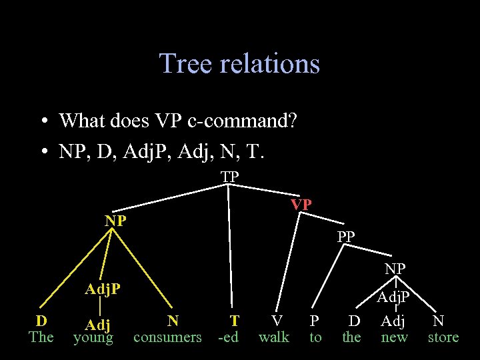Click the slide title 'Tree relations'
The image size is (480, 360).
click(x=239, y=64)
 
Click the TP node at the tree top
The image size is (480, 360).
click(x=230, y=177)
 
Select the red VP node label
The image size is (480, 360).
click(x=301, y=205)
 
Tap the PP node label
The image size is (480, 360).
click(x=346, y=237)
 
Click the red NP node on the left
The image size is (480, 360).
click(x=115, y=221)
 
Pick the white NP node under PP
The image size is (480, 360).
click(x=395, y=268)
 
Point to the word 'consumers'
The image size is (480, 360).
click(x=167, y=337)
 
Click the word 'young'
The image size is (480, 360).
click(x=93, y=338)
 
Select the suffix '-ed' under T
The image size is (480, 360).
click(x=229, y=337)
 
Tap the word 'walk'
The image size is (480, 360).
click(x=274, y=337)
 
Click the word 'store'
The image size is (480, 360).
click(x=443, y=337)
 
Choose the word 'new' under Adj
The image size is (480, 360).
click(x=394, y=337)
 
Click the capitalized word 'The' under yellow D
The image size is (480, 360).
click(x=41, y=337)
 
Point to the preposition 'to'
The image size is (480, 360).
click(x=315, y=337)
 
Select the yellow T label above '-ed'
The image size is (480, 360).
click(x=234, y=321)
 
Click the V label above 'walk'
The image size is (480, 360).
click(x=276, y=321)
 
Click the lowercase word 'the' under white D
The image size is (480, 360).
click(x=351, y=337)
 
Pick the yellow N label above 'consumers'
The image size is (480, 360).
click(x=173, y=321)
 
